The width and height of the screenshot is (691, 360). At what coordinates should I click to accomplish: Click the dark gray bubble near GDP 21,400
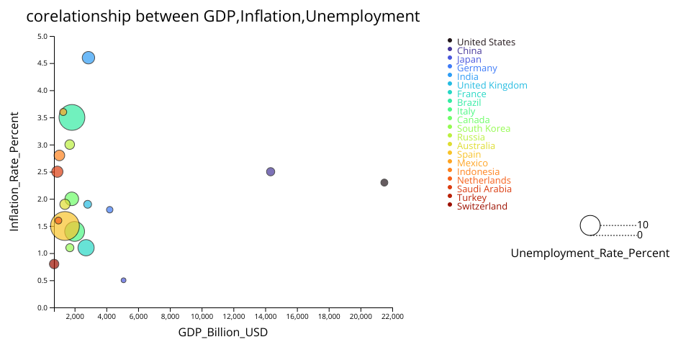tap(384, 183)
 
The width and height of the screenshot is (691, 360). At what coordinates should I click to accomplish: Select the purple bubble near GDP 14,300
tap(271, 171)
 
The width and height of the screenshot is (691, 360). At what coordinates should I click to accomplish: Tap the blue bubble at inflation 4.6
tap(89, 58)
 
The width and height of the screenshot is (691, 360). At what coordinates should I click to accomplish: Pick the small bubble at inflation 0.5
tap(124, 280)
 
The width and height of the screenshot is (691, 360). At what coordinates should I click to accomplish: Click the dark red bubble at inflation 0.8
tap(54, 264)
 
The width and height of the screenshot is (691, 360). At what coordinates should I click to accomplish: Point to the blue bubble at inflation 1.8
tap(110, 210)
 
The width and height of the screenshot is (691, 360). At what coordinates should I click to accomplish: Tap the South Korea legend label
tap(483, 129)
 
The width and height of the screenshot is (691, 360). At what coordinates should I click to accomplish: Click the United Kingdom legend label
tap(492, 86)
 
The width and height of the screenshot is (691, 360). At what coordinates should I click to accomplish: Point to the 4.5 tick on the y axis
tap(42, 63)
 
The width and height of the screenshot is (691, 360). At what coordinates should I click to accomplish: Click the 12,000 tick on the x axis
tap(234, 316)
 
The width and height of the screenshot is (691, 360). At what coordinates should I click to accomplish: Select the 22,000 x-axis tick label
tap(392, 316)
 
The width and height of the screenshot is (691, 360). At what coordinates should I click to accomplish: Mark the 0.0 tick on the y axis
tap(42, 307)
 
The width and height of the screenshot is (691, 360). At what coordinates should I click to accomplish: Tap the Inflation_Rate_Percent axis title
tap(14, 171)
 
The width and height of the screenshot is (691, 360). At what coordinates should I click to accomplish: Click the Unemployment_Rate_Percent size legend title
tap(590, 253)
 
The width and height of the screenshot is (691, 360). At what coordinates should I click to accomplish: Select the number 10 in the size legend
tap(643, 225)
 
